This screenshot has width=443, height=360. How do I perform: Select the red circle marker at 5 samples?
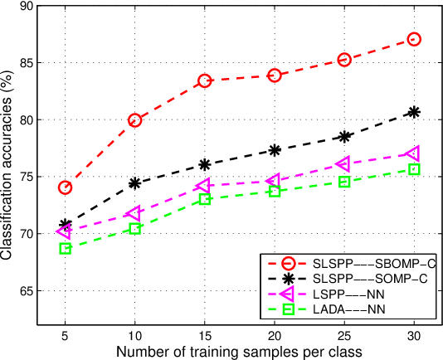65,187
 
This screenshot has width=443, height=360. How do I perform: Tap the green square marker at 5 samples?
65,248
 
